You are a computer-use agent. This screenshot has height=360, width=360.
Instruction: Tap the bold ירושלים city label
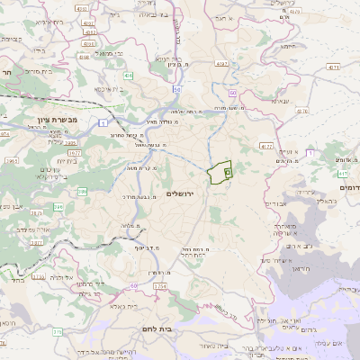[182, 194]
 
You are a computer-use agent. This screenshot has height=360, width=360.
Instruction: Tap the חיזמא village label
[288, 45]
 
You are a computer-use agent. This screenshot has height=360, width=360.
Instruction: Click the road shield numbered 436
[129, 76]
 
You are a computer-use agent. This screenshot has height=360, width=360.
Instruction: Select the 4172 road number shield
[265, 144]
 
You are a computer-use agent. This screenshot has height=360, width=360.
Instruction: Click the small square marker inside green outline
[227, 171]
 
